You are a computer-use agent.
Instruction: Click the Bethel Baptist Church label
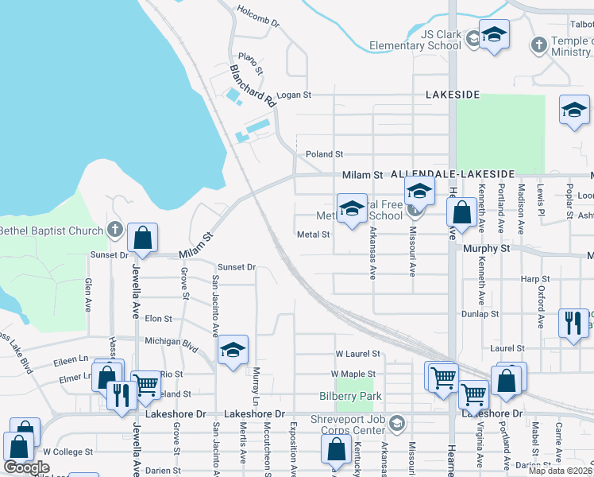click(52, 231)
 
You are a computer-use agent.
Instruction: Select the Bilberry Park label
click(350, 396)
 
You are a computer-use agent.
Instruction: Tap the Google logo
click(27, 467)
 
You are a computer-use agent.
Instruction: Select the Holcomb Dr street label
click(259, 17)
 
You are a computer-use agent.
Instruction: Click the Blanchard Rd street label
click(252, 86)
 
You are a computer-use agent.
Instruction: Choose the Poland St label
click(324, 154)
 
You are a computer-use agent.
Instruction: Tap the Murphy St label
click(486, 249)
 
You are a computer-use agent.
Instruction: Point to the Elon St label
click(157, 319)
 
